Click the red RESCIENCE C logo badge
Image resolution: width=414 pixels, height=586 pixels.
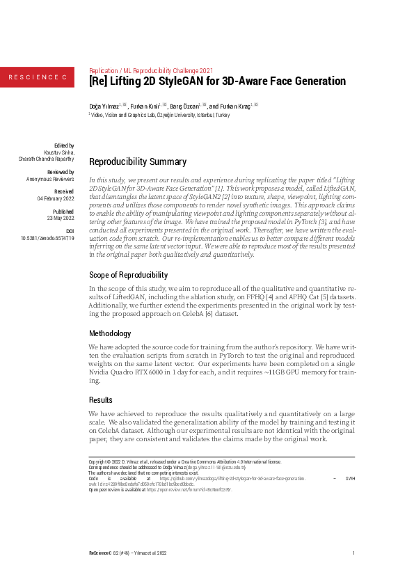37,76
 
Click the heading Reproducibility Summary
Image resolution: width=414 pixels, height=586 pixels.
138,162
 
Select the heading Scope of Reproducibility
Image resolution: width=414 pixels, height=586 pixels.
128,275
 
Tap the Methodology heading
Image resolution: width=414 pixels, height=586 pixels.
109,333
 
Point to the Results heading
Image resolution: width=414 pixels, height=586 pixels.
100,400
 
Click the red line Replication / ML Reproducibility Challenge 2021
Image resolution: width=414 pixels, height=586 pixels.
152,70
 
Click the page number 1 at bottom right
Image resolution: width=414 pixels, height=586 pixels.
353,553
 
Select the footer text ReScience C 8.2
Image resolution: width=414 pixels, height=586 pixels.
104,553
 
